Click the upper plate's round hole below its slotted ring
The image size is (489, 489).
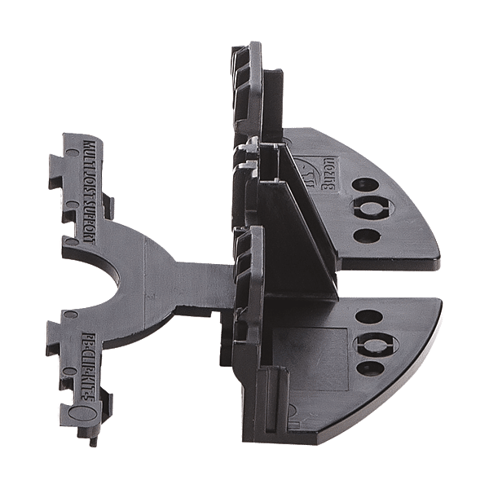368,236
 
